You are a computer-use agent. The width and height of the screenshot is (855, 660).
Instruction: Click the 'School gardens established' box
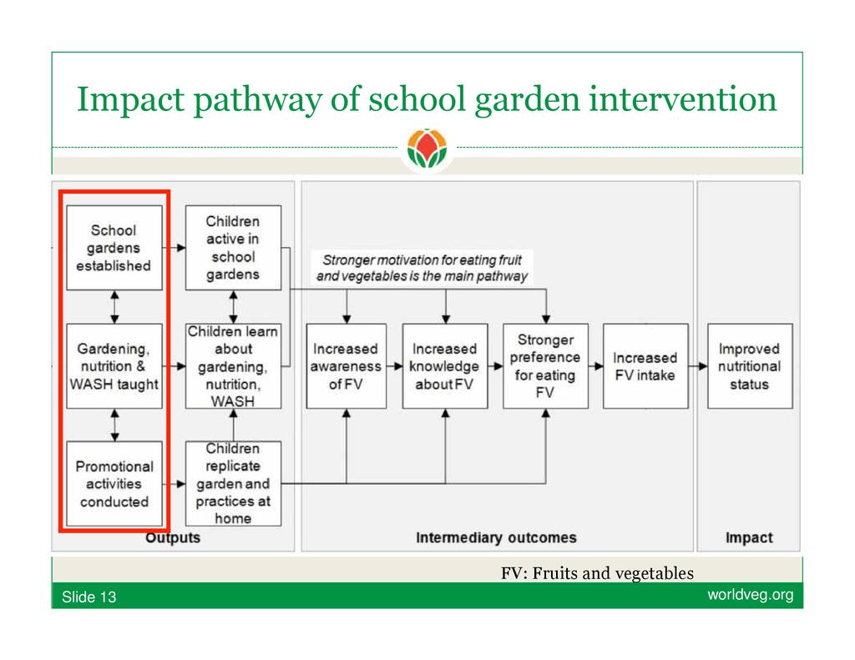coord(114,248)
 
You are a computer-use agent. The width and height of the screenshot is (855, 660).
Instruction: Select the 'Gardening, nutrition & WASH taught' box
coord(114,365)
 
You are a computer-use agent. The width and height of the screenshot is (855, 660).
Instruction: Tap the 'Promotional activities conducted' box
coord(114,483)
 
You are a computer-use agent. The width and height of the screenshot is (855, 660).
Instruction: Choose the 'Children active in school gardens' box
coord(233,248)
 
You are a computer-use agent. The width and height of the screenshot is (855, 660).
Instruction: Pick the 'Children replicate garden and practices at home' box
coord(233,483)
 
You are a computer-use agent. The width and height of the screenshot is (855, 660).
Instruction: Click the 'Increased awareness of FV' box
coord(346,365)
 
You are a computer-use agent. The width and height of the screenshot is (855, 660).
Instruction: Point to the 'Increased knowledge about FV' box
coord(444,365)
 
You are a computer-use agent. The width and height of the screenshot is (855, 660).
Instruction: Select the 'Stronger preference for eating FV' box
coord(545,365)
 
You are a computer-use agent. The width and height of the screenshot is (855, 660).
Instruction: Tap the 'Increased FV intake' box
coord(645,365)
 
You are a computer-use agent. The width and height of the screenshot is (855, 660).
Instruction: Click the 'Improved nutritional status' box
coord(749,365)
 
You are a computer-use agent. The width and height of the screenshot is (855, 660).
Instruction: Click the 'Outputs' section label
coord(173,537)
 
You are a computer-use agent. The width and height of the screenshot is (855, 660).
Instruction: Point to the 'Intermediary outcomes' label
coord(496,537)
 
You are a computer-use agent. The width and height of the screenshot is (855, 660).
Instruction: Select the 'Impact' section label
coord(749,537)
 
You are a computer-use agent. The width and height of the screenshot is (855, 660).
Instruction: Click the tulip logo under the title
coord(427,150)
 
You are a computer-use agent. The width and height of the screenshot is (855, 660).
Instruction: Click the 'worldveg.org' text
coord(750,595)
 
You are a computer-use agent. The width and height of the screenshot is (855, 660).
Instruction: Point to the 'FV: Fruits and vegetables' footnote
coord(597,573)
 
